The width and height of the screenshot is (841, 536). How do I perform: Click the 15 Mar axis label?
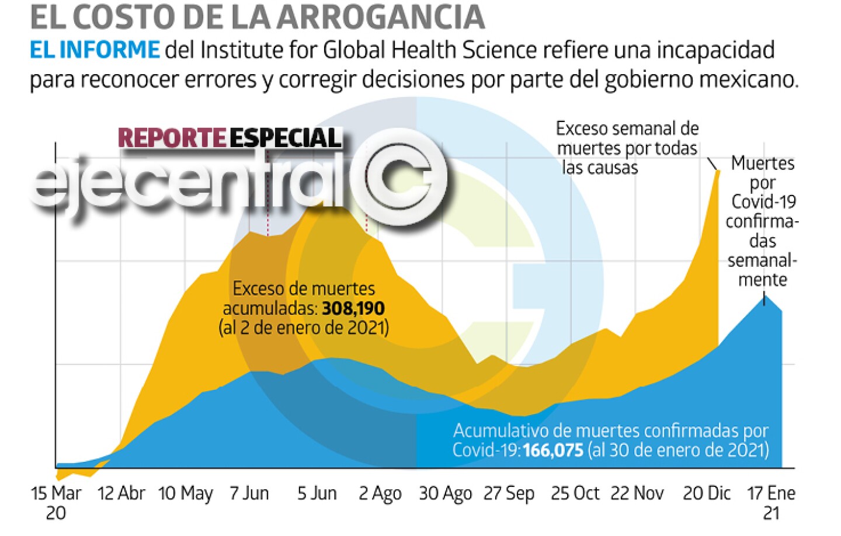click(x=56, y=494)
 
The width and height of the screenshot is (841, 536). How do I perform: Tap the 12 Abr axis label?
click(x=121, y=493)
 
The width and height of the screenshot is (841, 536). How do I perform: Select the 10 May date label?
click(x=186, y=494)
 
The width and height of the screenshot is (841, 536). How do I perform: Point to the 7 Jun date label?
click(x=249, y=493)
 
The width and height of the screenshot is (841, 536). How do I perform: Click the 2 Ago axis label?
click(x=380, y=494)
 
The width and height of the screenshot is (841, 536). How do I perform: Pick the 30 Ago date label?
click(x=445, y=494)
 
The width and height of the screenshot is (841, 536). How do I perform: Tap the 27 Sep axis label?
click(x=509, y=494)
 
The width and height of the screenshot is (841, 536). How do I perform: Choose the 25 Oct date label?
click(x=575, y=493)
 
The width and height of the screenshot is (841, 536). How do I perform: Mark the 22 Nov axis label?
click(x=637, y=493)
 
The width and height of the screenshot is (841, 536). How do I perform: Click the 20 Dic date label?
click(x=707, y=493)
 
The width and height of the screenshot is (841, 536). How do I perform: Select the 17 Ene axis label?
click(x=771, y=493)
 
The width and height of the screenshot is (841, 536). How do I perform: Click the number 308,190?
click(x=353, y=308)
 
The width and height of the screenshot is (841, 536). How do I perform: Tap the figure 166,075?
click(x=553, y=450)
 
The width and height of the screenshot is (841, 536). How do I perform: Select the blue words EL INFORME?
click(x=95, y=50)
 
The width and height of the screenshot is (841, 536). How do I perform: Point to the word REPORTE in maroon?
click(x=172, y=138)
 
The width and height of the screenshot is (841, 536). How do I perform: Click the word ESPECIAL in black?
click(x=285, y=138)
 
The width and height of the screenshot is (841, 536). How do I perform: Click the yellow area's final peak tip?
click(x=718, y=170)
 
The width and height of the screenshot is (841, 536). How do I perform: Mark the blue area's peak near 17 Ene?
click(x=765, y=296)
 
